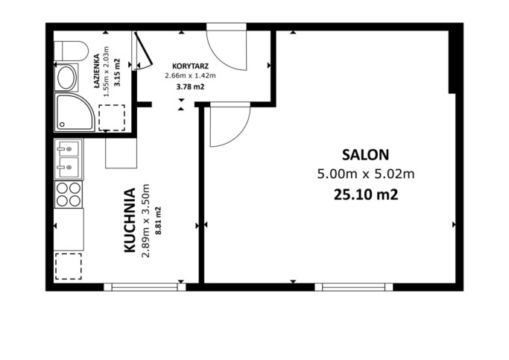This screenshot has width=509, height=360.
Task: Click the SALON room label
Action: coord(365,155)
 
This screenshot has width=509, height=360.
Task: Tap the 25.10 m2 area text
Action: coord(366,195)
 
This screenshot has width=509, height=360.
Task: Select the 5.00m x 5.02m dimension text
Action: coord(366,174)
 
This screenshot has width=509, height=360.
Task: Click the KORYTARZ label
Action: coord(190,66)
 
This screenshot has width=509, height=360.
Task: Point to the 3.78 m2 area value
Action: coord(190,86)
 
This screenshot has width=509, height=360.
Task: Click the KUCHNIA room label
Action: coord(130,220)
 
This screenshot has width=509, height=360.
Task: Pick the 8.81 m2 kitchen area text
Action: coord(159,221)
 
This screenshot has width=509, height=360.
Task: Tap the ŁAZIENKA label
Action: coord(96,71)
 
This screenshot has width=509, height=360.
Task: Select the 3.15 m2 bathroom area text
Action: coord(117,72)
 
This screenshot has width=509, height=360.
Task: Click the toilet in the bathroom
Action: coord(71,51)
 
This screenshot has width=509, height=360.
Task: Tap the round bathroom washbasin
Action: coord(66,78)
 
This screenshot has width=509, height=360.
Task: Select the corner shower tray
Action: coord(75,113)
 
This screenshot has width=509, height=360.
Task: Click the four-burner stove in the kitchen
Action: coord(69,195)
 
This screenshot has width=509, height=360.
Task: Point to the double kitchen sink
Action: coord(69,159)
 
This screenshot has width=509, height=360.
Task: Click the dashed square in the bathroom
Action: coord(112,118)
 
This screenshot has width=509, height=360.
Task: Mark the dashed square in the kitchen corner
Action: coord(68,266)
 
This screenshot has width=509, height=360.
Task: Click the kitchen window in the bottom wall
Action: coord(145,287)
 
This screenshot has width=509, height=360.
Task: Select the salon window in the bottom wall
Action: coord(354,287)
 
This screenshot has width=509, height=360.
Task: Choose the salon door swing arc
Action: coord(238,136)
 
